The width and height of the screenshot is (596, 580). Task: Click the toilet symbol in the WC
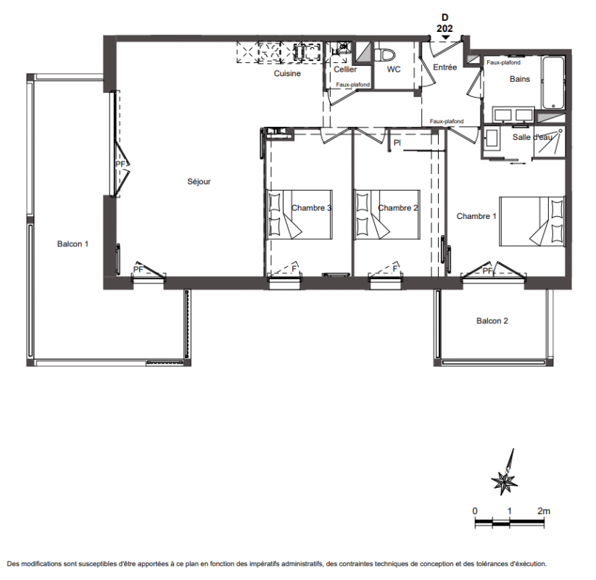click(x=385, y=55)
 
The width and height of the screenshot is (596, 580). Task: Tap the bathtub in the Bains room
click(x=553, y=83)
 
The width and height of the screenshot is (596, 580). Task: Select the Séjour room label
click(x=199, y=182)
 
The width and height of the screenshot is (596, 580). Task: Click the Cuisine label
click(x=287, y=73)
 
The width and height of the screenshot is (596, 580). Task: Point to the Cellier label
click(x=345, y=69)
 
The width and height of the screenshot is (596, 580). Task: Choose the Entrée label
click(x=444, y=67)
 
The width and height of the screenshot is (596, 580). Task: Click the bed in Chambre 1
click(x=531, y=221)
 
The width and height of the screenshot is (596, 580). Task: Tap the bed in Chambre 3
click(x=299, y=215)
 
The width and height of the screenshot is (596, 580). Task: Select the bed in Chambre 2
click(x=387, y=215)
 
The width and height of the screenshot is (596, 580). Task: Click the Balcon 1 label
click(x=73, y=244)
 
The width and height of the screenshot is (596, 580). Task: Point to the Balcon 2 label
click(x=492, y=320)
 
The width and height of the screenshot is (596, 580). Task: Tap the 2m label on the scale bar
click(x=544, y=511)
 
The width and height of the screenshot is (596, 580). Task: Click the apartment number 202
click(x=444, y=28)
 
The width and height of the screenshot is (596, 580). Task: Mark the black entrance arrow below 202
click(x=445, y=37)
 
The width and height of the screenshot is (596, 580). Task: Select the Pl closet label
click(x=397, y=143)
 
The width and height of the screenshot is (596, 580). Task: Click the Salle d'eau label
click(x=532, y=137)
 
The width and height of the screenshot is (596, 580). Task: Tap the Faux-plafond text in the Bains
click(x=503, y=62)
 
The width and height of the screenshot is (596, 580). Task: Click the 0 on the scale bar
click(x=475, y=511)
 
